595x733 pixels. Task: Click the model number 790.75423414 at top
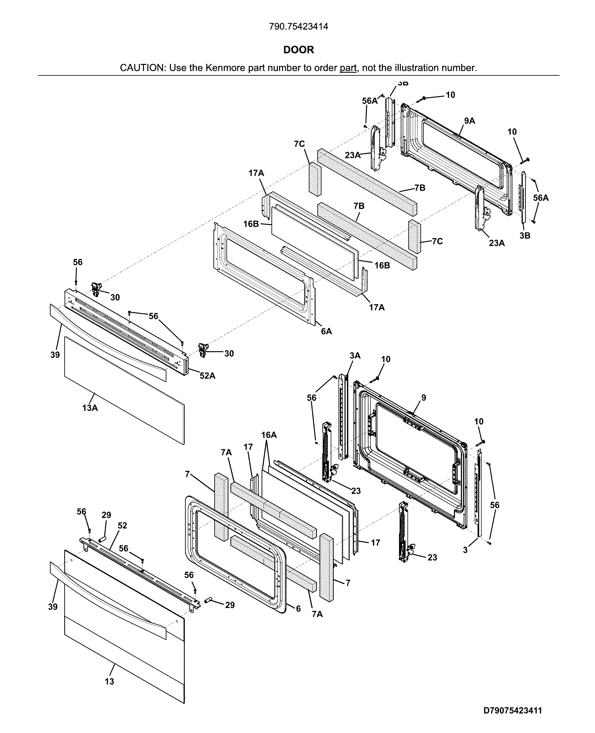point(298,26)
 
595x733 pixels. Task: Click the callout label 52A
point(207,376)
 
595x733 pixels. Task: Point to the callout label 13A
point(90,408)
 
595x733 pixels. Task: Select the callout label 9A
point(470,121)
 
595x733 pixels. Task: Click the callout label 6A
point(326,331)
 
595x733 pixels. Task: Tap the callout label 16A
point(269,435)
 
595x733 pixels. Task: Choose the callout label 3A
point(355,356)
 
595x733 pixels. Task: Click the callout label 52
point(122,525)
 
